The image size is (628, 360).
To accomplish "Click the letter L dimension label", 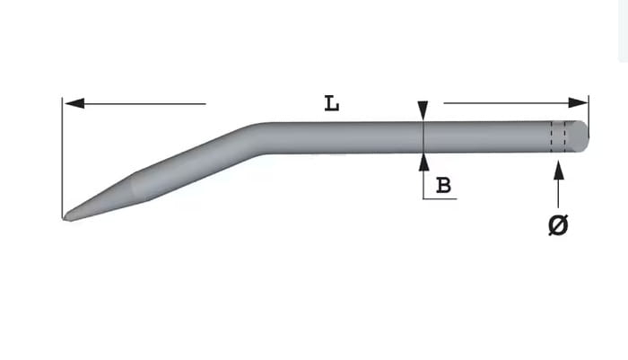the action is pos(332,103).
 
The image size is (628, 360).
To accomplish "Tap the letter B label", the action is pos(443,185).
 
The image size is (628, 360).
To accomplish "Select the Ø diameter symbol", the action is pos(558,224).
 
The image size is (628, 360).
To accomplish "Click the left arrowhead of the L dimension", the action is pos(74,103).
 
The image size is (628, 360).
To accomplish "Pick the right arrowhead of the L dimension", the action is pos(579,102).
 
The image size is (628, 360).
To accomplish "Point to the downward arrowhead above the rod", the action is pos(423,110).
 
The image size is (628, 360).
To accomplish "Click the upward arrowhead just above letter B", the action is pos(423,162).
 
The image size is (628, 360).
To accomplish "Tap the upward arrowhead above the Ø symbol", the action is pos(559,170).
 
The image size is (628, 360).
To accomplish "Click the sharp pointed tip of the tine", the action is pos(64,218).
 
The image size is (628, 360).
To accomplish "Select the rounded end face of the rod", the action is pos(578,136).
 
